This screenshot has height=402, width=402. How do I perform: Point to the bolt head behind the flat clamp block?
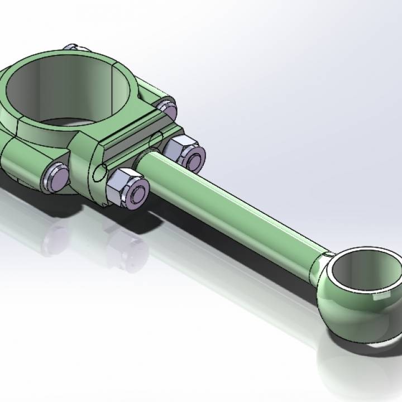(x=166, y=107)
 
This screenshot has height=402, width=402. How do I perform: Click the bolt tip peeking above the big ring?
(x=73, y=48)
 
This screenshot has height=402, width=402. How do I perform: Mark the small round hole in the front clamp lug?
(x=99, y=174)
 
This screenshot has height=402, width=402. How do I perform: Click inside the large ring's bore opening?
(x=67, y=89)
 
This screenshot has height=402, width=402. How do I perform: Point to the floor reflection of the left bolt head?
(x=56, y=234)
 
